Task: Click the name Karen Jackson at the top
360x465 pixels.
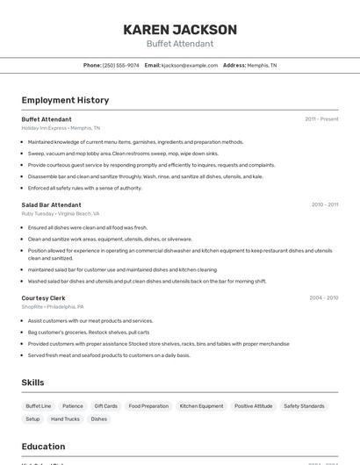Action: point(180,29)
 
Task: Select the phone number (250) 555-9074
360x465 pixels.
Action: point(120,65)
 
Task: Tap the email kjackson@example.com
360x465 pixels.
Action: point(190,65)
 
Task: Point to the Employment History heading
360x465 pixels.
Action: point(65,100)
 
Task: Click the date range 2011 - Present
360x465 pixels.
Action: point(321,118)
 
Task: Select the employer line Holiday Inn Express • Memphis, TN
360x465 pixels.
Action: point(61,127)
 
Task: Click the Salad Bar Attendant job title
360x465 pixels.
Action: point(51,204)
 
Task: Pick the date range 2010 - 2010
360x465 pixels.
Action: point(324,204)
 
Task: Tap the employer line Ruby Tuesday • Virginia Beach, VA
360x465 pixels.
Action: point(61,213)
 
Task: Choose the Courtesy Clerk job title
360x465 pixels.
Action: point(43,297)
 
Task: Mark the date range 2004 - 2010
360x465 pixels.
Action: point(323,297)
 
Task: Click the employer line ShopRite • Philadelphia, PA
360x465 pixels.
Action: point(53,307)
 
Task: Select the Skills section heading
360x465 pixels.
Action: point(33,383)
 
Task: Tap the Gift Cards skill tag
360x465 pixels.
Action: point(105,406)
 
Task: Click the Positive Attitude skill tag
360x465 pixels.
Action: point(253,406)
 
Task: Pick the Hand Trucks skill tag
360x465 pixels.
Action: point(65,419)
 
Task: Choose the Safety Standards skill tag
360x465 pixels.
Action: point(304,406)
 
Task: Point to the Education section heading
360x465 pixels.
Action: point(43,447)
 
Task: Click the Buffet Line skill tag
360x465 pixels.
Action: point(39,406)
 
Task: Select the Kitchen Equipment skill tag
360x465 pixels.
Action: point(202,406)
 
